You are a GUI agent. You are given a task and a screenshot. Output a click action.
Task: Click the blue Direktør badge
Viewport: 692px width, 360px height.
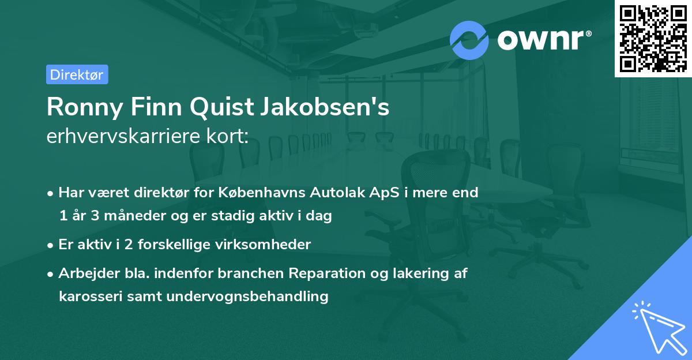pos(77,74)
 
